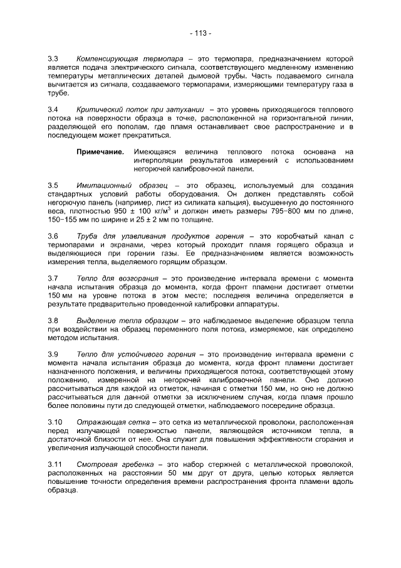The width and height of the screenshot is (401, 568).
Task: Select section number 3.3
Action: [53, 58]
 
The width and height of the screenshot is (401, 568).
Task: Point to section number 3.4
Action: [53, 109]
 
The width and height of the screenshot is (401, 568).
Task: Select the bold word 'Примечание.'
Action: [100, 151]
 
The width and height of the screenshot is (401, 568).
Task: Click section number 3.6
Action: [53, 237]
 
